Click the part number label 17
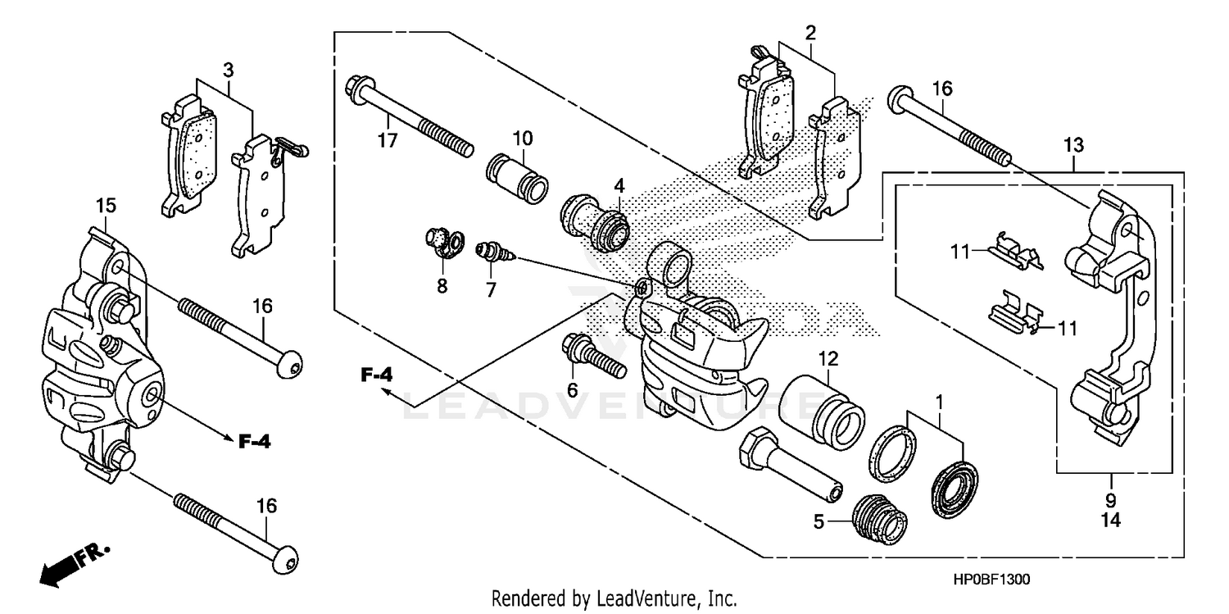click(388, 140)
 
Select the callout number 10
click(523, 136)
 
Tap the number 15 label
click(107, 203)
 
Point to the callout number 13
click(1074, 145)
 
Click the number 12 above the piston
click(828, 357)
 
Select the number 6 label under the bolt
click(572, 389)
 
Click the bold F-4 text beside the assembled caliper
click(254, 442)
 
